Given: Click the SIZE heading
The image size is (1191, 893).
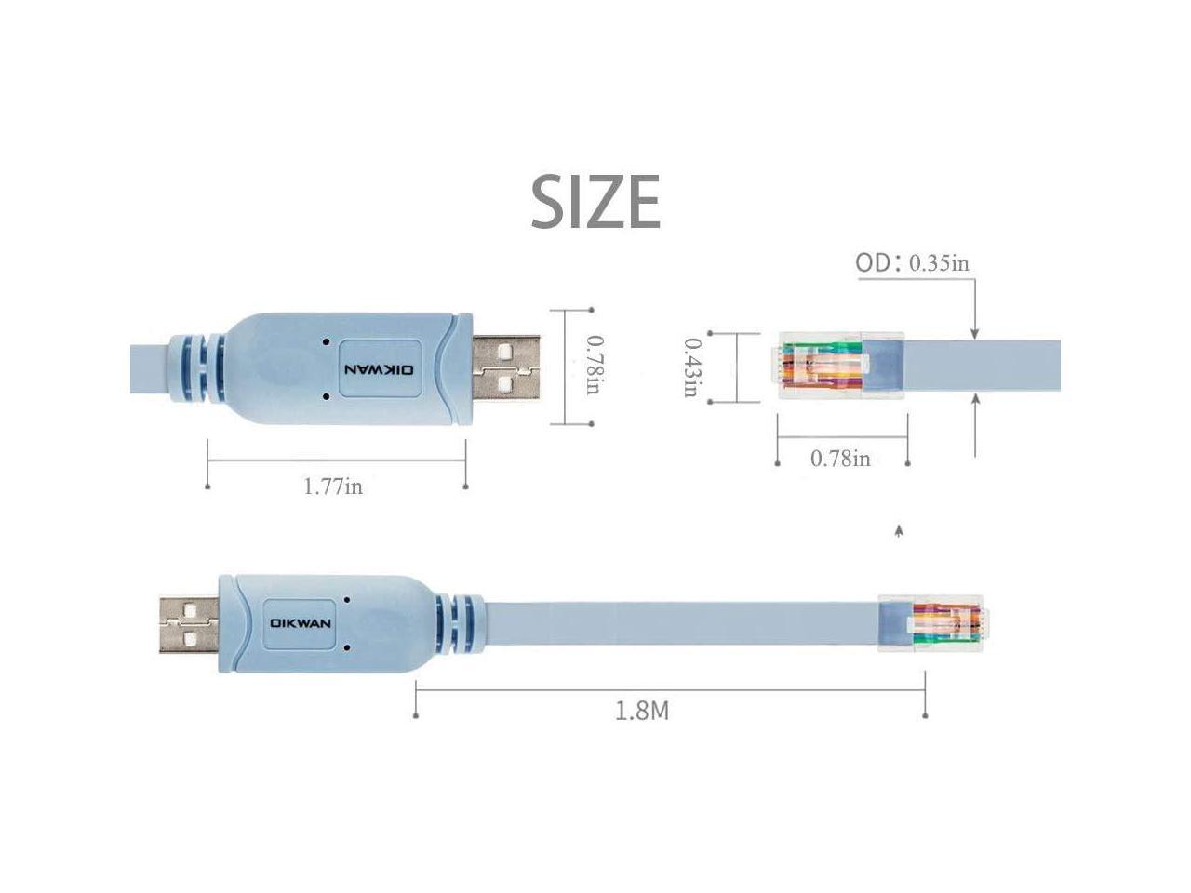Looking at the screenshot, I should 595,201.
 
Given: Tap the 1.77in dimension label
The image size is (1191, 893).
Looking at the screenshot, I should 333,486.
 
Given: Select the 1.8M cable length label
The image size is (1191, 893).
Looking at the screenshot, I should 642,712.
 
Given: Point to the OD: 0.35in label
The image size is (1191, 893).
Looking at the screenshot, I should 912,263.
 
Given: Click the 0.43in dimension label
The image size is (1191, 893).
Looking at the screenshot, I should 691,367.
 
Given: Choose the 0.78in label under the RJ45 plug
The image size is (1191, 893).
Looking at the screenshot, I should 840,458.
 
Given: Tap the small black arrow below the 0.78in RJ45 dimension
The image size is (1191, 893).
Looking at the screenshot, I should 898,532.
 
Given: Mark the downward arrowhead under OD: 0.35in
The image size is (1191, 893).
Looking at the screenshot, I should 974,333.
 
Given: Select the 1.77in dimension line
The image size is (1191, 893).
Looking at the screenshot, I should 336,460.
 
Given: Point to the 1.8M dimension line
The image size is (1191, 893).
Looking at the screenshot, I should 670,688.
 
